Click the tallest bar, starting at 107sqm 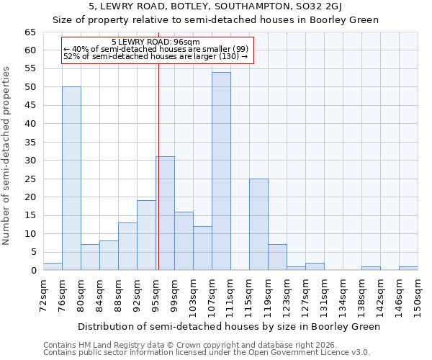[x=221, y=171]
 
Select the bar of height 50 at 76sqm [x=71, y=179]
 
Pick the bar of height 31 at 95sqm [x=165, y=213]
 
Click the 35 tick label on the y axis [x=30, y=143]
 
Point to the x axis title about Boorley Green [x=228, y=326]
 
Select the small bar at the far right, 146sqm [x=408, y=269]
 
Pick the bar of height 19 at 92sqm [x=146, y=235]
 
